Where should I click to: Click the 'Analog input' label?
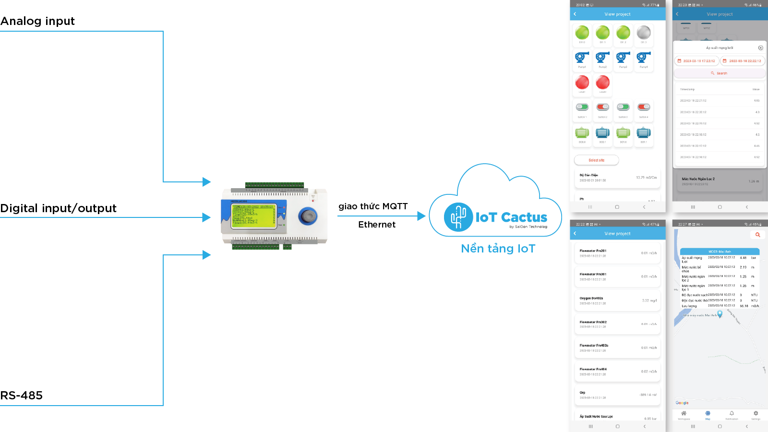[37, 21]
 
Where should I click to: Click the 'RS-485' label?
[22, 396]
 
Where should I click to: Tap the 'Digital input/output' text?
[59, 208]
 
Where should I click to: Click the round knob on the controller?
[307, 216]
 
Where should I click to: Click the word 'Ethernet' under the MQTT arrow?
[377, 225]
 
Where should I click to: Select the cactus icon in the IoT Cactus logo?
[458, 217]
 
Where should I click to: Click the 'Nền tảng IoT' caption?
[498, 249]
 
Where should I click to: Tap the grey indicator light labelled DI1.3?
[644, 33]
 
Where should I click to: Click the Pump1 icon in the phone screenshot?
[582, 58]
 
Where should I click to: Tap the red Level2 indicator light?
[603, 82]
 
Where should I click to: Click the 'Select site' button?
[596, 160]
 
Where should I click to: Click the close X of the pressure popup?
[760, 48]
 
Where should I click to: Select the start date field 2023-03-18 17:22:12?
[696, 61]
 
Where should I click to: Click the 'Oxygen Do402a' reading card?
[617, 300]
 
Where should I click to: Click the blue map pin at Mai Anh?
[720, 314]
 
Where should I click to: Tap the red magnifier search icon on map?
[757, 235]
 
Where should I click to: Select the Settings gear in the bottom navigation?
[756, 414]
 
